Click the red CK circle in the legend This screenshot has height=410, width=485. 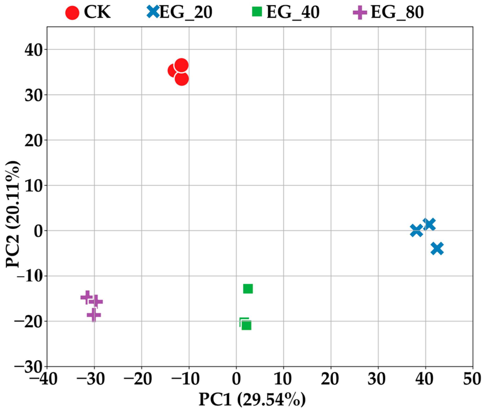click(x=72, y=13)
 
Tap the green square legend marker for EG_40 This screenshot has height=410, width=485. click(x=257, y=12)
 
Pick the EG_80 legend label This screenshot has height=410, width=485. click(x=397, y=12)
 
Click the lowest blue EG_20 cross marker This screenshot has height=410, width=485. click(x=437, y=248)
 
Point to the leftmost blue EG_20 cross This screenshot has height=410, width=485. click(x=416, y=231)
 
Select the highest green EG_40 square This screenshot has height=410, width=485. click(x=248, y=289)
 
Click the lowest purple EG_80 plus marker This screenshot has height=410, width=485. click(x=94, y=315)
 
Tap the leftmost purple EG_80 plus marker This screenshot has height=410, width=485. click(x=87, y=297)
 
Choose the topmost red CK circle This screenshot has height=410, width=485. click(x=181, y=65)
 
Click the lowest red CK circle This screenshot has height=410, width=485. click(x=182, y=79)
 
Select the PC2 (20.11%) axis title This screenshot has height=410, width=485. click(x=13, y=214)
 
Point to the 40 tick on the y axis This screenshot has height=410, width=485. click(x=34, y=50)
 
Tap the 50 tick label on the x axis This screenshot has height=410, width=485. click(x=472, y=380)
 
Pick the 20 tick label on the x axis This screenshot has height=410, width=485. click(x=331, y=380)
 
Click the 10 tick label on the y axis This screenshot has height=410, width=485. click(x=34, y=186)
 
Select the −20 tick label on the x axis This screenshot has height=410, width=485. click(x=138, y=380)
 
